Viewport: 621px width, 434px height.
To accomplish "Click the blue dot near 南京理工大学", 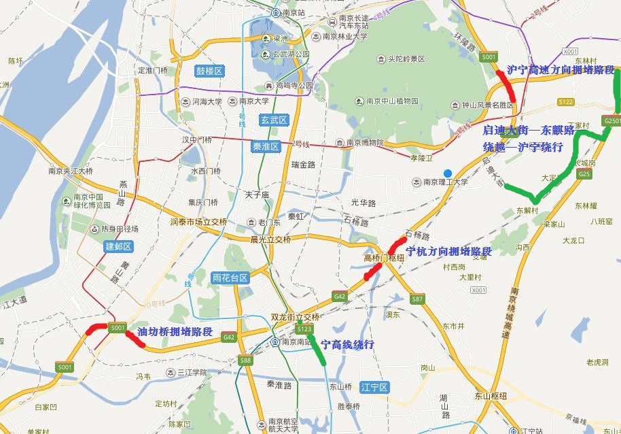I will (447, 172).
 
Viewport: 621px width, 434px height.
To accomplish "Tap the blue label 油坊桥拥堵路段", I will (175, 332).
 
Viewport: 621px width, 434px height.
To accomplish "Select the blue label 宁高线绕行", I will (347, 345).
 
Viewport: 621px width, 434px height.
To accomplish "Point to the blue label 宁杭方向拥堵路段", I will (448, 251).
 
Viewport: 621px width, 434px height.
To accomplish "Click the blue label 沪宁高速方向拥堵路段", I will (561, 70).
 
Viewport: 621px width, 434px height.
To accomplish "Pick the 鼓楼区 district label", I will (209, 71).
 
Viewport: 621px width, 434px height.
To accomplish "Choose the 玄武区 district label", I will (274, 120).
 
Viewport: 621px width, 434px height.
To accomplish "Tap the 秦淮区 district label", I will (266, 146).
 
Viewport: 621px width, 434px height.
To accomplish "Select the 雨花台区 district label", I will (230, 278).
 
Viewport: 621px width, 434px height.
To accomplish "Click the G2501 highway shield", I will (611, 120).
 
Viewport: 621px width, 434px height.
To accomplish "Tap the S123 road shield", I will (305, 330).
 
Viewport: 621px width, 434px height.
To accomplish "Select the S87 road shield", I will (417, 299).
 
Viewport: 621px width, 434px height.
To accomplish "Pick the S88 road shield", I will (245, 361).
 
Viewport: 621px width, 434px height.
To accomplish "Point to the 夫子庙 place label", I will (258, 195).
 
